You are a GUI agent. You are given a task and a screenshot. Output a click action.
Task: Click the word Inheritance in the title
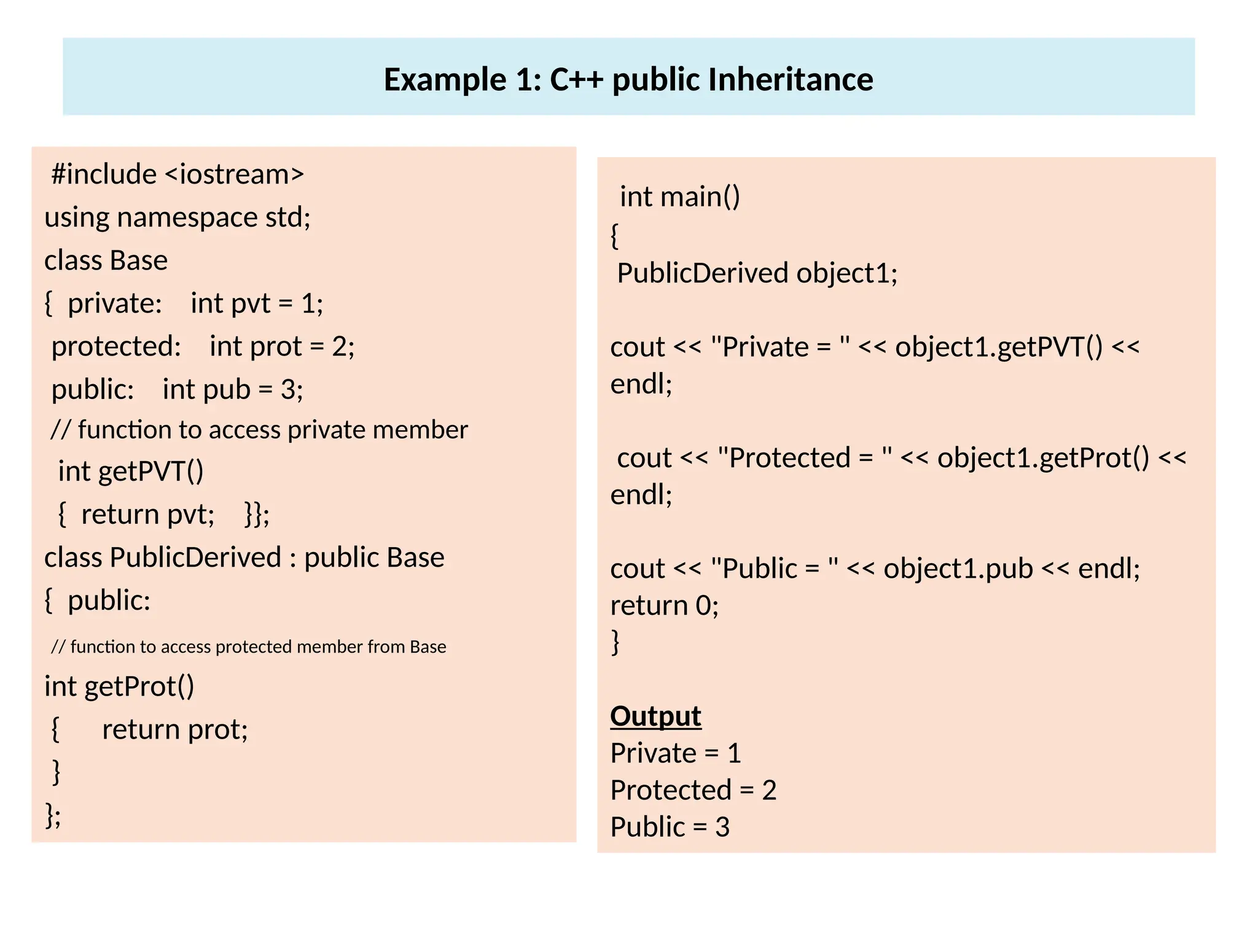tap(790, 80)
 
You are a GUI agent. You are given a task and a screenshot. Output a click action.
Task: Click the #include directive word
tap(104, 174)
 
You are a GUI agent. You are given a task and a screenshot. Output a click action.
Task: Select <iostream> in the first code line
tap(235, 174)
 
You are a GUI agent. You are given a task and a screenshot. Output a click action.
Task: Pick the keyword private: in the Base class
tap(115, 303)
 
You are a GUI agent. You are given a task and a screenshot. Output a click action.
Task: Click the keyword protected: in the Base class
tap(116, 346)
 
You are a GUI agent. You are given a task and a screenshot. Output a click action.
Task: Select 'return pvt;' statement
tap(148, 514)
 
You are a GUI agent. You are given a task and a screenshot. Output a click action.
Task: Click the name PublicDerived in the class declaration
tap(195, 557)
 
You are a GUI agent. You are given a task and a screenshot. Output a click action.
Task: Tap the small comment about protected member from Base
tap(248, 646)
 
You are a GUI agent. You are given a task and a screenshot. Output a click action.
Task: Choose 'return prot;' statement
tap(175, 729)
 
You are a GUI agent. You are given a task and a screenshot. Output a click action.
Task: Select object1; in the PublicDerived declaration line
tap(847, 273)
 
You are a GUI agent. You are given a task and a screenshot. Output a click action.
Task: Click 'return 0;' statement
tap(664, 606)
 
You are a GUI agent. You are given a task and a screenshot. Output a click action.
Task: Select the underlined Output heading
tap(655, 716)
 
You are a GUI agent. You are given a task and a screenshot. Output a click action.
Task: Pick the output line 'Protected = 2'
tap(693, 790)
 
